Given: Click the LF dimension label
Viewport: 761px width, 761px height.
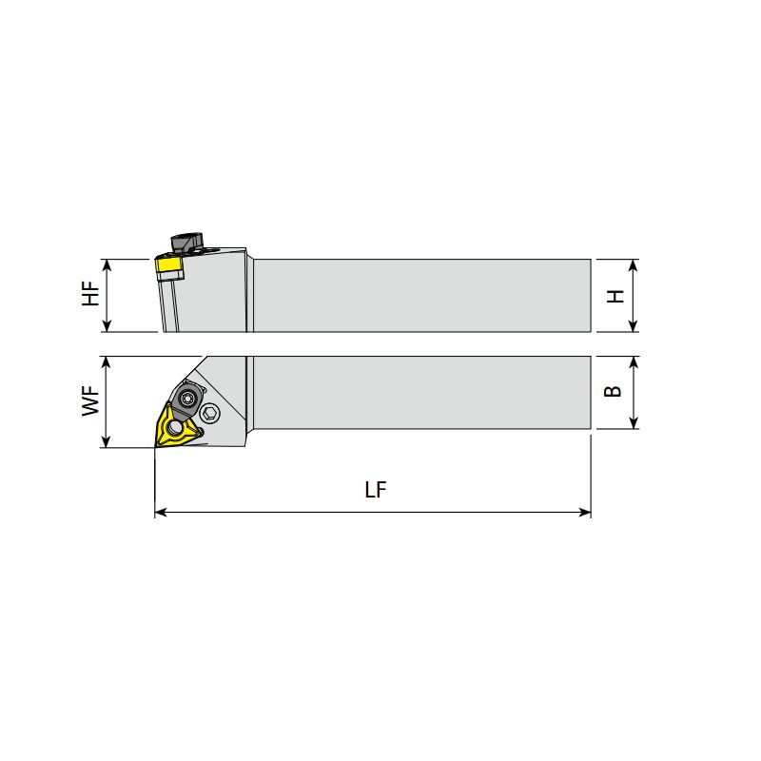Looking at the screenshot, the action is (x=375, y=489).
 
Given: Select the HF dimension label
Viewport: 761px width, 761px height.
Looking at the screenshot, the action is (x=90, y=294).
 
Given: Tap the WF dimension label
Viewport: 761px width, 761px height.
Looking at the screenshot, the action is (x=90, y=401).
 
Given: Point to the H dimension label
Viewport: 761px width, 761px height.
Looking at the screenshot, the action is (x=615, y=296).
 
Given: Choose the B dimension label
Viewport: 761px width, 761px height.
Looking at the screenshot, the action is (x=613, y=391).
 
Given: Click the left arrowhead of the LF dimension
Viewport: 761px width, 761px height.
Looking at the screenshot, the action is (x=161, y=512).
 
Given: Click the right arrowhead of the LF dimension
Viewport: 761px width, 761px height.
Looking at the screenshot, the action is (x=585, y=512).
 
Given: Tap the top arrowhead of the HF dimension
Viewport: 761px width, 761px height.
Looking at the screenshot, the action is (x=107, y=265).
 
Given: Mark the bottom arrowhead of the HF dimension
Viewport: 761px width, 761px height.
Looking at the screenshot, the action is (x=107, y=326).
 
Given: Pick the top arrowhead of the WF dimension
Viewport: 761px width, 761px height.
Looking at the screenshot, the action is (x=106, y=362).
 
